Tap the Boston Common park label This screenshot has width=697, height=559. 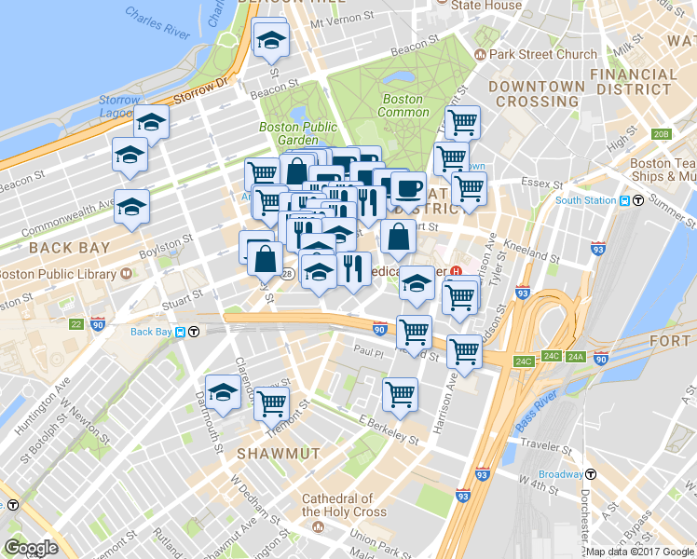tap(403, 105)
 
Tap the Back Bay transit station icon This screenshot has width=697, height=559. tap(194, 332)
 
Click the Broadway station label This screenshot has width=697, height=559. tap(561, 474)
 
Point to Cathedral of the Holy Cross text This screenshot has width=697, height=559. tap(336, 505)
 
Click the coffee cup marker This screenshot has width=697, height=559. tap(407, 188)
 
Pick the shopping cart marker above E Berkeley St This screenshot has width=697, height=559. tap(400, 394)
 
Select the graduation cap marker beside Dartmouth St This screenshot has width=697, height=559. tap(223, 392)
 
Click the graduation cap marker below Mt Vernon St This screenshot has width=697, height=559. tap(271, 39)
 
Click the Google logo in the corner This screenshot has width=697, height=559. tap(31, 548)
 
